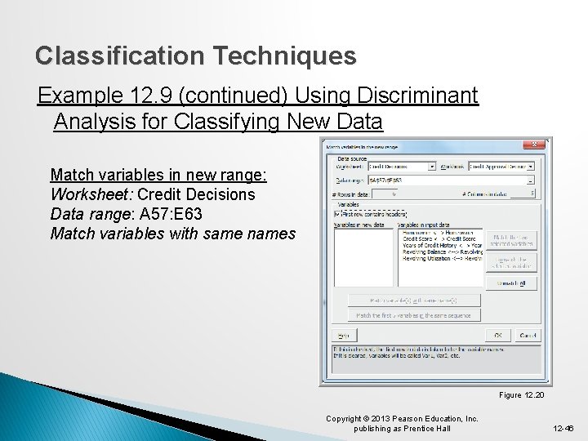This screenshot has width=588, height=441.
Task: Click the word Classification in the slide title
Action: point(114,56)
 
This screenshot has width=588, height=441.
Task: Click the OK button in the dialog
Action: point(498,335)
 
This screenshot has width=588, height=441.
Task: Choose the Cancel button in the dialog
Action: point(528,335)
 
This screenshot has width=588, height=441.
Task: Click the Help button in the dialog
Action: point(343,336)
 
